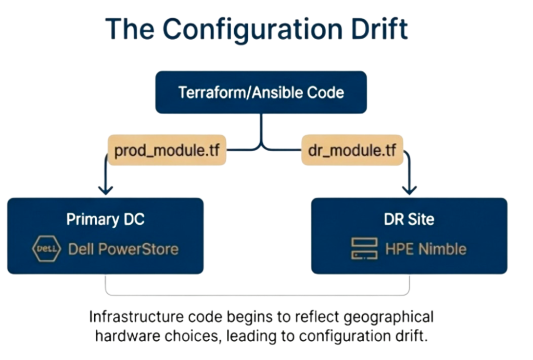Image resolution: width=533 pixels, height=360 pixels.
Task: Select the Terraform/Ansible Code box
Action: point(261,93)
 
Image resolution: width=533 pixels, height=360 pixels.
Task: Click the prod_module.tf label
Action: point(167,151)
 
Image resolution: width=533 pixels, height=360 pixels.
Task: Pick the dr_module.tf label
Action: point(352,151)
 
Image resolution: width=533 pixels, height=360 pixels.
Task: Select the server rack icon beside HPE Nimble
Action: point(364,249)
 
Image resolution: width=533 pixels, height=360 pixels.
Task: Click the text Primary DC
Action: point(105,219)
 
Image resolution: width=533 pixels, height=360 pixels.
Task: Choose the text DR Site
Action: point(409,219)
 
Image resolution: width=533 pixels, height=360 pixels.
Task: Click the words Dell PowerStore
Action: point(123,249)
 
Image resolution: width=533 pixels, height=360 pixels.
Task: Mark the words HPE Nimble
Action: point(425,249)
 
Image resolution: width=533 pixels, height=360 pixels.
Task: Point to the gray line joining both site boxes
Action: point(258,294)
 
